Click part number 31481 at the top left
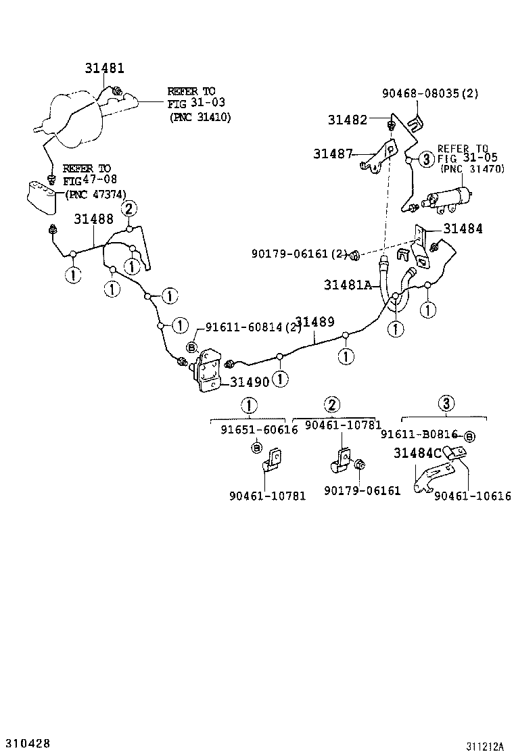105,68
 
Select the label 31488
93,219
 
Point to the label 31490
250,382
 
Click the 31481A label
348,285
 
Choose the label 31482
348,120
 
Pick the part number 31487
333,154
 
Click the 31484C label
418,454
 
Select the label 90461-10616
473,496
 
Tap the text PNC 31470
473,169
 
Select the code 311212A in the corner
484,747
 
